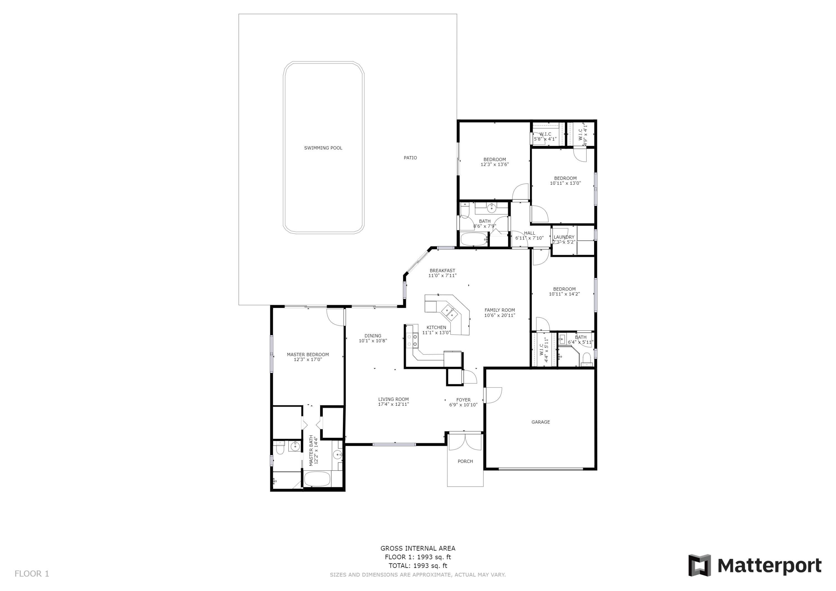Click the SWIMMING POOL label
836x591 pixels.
323,148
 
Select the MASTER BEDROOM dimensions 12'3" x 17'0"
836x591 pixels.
308,359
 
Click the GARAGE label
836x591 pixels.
540,422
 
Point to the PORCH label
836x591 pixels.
465,461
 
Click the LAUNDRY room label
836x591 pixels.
564,237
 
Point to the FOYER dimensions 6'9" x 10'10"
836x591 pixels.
463,405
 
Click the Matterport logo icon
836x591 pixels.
699,566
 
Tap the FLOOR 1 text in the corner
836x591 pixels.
32,574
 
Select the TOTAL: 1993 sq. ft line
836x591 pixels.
418,566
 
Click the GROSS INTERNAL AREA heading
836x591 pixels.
418,548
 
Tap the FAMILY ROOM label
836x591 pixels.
500,310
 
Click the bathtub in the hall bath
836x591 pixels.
473,239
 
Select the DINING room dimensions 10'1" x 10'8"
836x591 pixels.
373,341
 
